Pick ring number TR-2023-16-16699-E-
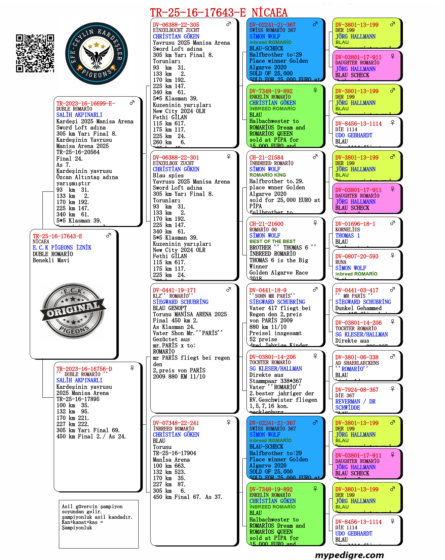(86, 103)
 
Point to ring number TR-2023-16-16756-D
(84, 369)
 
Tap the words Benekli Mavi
(51, 260)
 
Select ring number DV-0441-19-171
(174, 290)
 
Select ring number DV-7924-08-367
(357, 390)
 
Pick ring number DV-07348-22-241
(176, 423)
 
